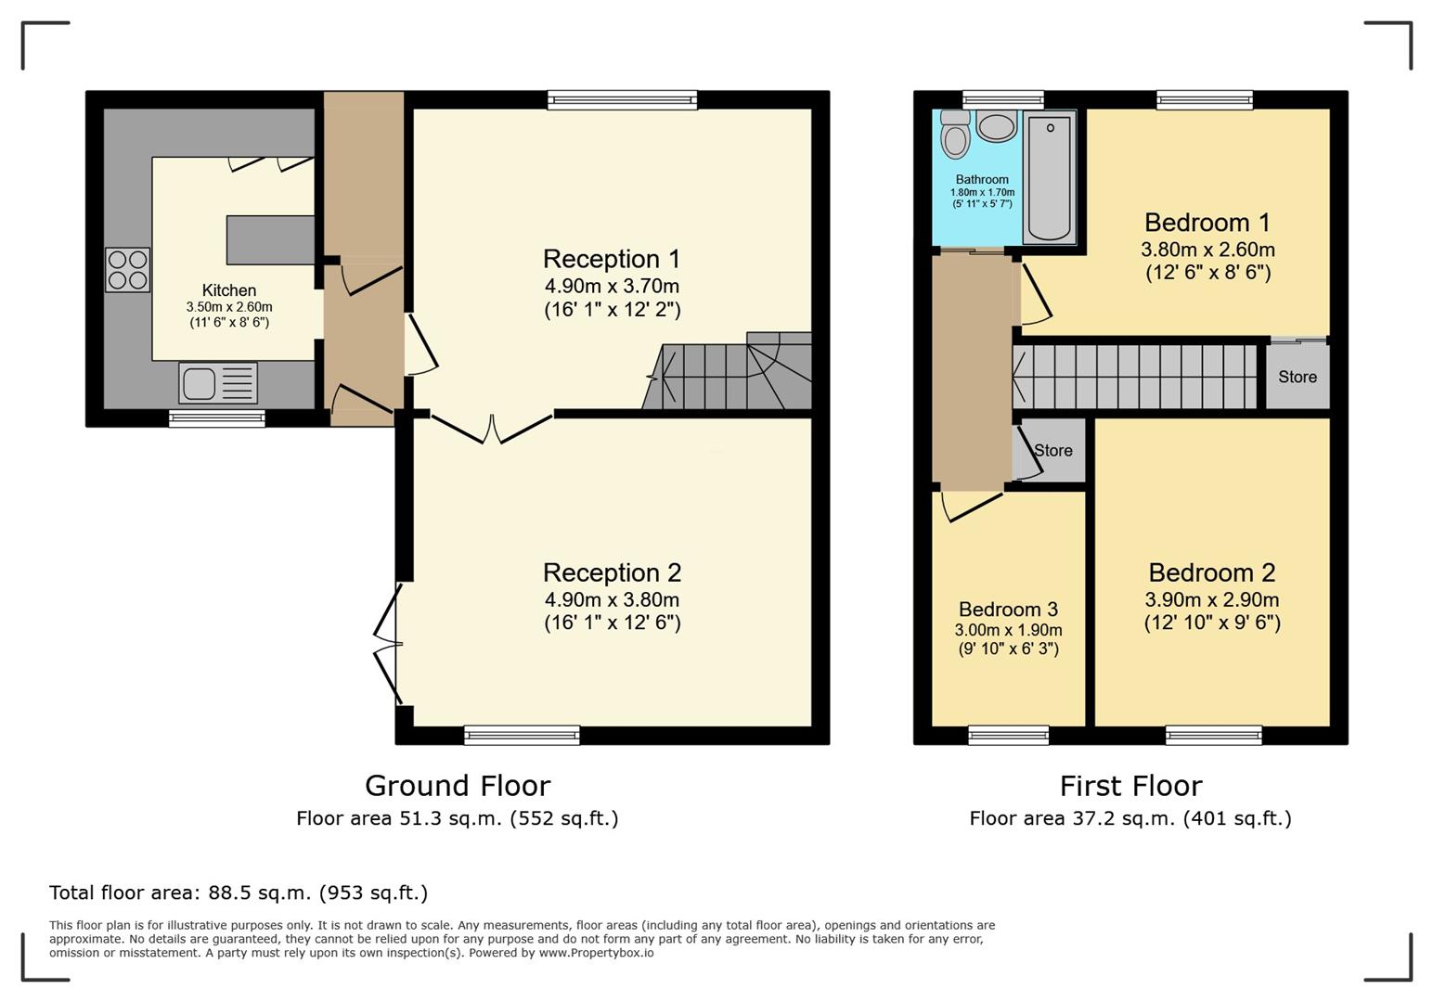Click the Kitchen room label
(x=229, y=289)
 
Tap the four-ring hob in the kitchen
(x=128, y=270)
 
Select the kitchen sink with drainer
(x=218, y=383)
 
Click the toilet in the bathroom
(x=956, y=135)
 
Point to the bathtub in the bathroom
(x=1050, y=176)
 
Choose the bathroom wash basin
(x=997, y=126)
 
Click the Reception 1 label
(x=612, y=259)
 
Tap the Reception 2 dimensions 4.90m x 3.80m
(x=613, y=599)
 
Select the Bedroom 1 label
(x=1207, y=223)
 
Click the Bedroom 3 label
(x=1008, y=609)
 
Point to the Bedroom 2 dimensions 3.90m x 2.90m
(x=1212, y=599)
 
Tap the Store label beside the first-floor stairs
(x=1297, y=377)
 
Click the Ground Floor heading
(x=458, y=786)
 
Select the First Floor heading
(x=1131, y=786)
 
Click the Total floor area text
(x=239, y=893)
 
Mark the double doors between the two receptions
(x=492, y=429)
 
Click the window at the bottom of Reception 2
(x=522, y=736)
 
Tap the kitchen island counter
(x=271, y=239)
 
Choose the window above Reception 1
(x=623, y=100)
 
